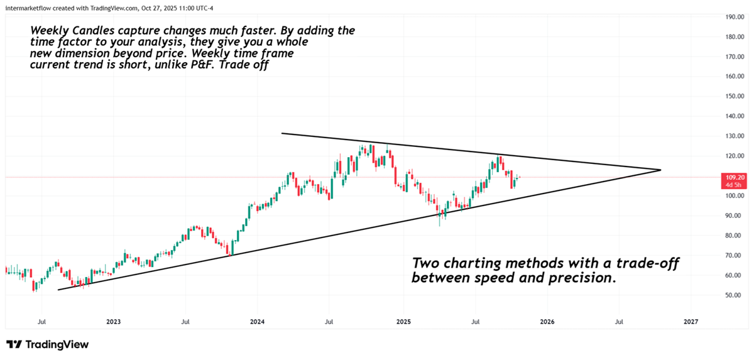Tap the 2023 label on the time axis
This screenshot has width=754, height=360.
pyautogui.click(x=114, y=321)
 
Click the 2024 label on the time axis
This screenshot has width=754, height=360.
pyautogui.click(x=258, y=321)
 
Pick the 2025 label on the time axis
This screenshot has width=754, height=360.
pyautogui.click(x=403, y=321)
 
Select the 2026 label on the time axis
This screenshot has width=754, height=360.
pyautogui.click(x=547, y=321)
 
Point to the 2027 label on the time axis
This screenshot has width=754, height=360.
pyautogui.click(x=691, y=321)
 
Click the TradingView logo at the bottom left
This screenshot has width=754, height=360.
pyautogui.click(x=48, y=344)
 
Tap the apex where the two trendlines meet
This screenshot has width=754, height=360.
pyautogui.click(x=661, y=170)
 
